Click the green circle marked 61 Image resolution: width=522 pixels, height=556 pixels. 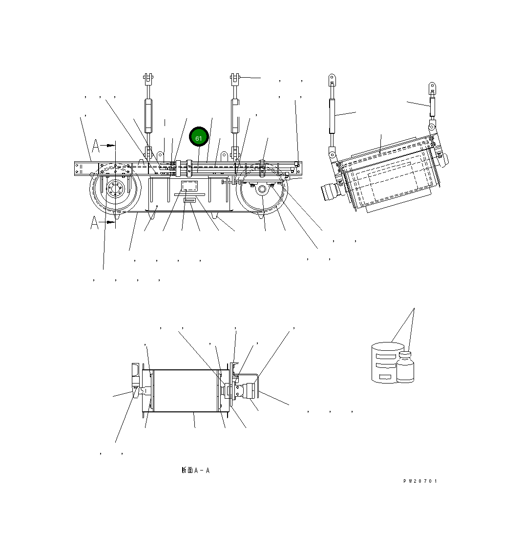(199, 138)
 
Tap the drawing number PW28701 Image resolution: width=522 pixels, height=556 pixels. (420, 481)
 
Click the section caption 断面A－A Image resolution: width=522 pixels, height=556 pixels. (195, 470)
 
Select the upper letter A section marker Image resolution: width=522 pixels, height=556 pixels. (96, 145)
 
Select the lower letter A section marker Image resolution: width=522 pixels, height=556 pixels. (95, 223)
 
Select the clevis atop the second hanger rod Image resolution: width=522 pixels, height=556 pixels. (235, 78)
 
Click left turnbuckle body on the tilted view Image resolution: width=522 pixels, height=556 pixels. (332, 115)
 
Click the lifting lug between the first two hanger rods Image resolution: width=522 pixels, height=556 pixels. (160, 156)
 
